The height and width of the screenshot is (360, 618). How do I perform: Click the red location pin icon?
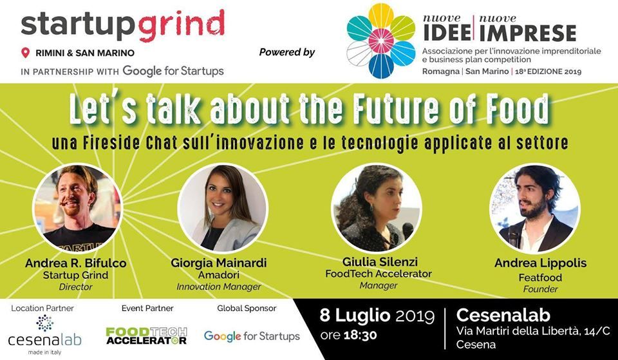coord(26,52)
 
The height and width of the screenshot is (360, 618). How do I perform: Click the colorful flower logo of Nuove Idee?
coord(380,41)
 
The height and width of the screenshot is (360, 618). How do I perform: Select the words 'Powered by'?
coord(287,52)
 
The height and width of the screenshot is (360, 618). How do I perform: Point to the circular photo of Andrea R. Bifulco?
coord(78,209)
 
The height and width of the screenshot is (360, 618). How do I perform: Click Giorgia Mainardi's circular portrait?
coord(223,209)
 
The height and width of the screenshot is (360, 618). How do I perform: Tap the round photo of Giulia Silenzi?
coord(377,209)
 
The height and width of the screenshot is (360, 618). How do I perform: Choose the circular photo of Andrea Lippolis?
coord(535,209)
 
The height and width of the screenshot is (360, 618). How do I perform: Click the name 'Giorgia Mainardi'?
coord(219,263)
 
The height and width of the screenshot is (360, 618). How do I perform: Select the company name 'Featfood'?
coord(540,277)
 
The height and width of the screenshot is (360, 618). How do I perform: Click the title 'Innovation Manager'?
coord(219,287)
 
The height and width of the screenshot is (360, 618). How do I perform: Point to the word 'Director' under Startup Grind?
coord(75,287)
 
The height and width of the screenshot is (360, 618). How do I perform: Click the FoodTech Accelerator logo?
coord(146,336)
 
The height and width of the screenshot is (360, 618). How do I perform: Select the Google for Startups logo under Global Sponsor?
coord(252,336)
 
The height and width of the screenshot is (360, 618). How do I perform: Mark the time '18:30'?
coord(360,335)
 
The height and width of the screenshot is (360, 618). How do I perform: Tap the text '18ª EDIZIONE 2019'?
coord(547,71)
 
